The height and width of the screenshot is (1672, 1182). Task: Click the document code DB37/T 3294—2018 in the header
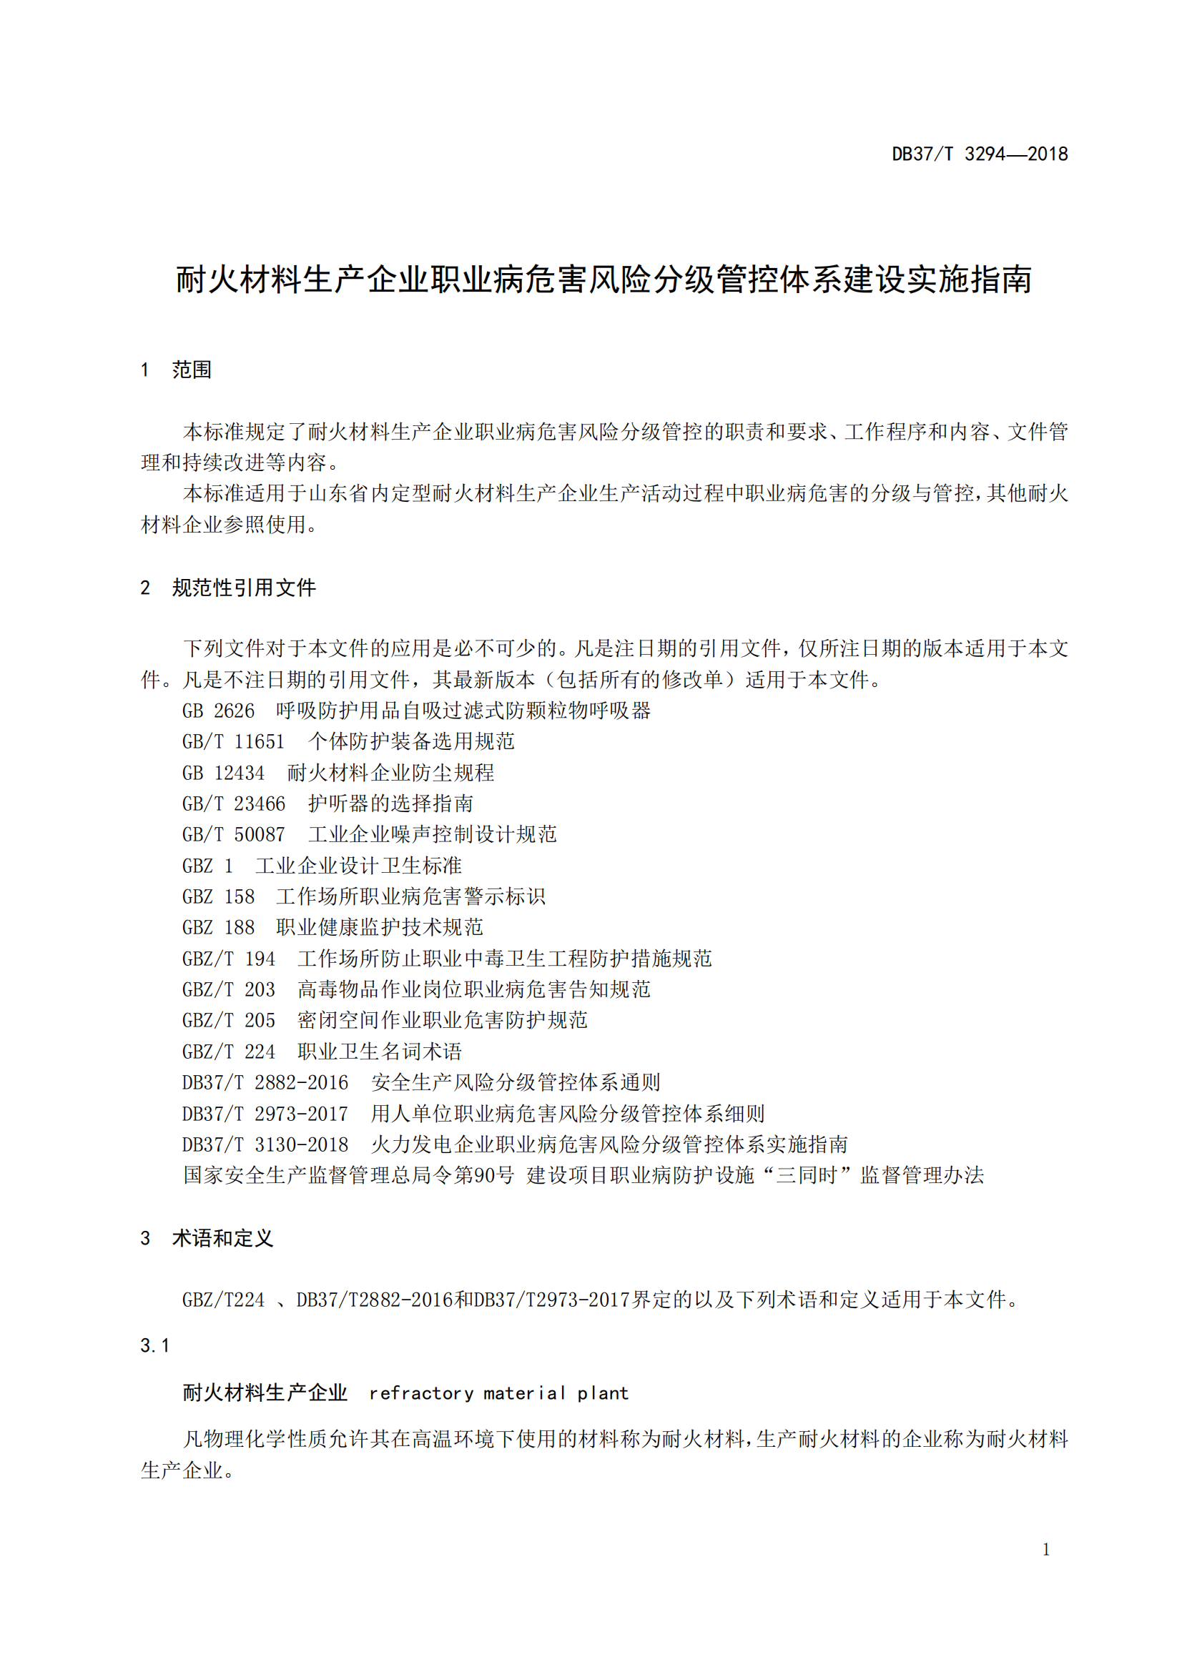(x=979, y=154)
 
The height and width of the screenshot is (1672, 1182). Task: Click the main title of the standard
(x=604, y=280)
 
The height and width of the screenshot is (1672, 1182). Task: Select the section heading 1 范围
(x=176, y=370)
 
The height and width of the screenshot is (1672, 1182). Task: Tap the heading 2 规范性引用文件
(x=228, y=588)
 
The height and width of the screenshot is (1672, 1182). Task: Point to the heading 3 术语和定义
(x=207, y=1238)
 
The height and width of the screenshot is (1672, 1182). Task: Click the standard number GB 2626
(x=218, y=711)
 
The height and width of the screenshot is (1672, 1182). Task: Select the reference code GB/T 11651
(x=233, y=742)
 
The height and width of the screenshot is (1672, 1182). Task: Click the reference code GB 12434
(x=223, y=773)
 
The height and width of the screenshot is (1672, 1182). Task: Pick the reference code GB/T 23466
(x=233, y=804)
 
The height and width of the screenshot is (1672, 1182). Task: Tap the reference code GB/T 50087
(x=233, y=834)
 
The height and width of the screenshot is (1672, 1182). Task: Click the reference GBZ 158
(x=218, y=896)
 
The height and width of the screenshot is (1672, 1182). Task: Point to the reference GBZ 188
(x=218, y=928)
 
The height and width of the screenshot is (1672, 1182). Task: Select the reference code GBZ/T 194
(x=228, y=959)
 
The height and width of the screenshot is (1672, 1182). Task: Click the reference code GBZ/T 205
(x=228, y=1021)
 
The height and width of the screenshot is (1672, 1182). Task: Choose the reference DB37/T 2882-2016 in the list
(x=265, y=1083)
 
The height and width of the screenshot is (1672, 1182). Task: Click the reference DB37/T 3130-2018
(x=265, y=1144)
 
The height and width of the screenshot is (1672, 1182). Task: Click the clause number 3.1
(x=154, y=1346)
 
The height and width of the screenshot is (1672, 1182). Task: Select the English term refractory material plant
(x=498, y=1393)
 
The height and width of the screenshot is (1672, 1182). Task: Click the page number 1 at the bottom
(x=1046, y=1550)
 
